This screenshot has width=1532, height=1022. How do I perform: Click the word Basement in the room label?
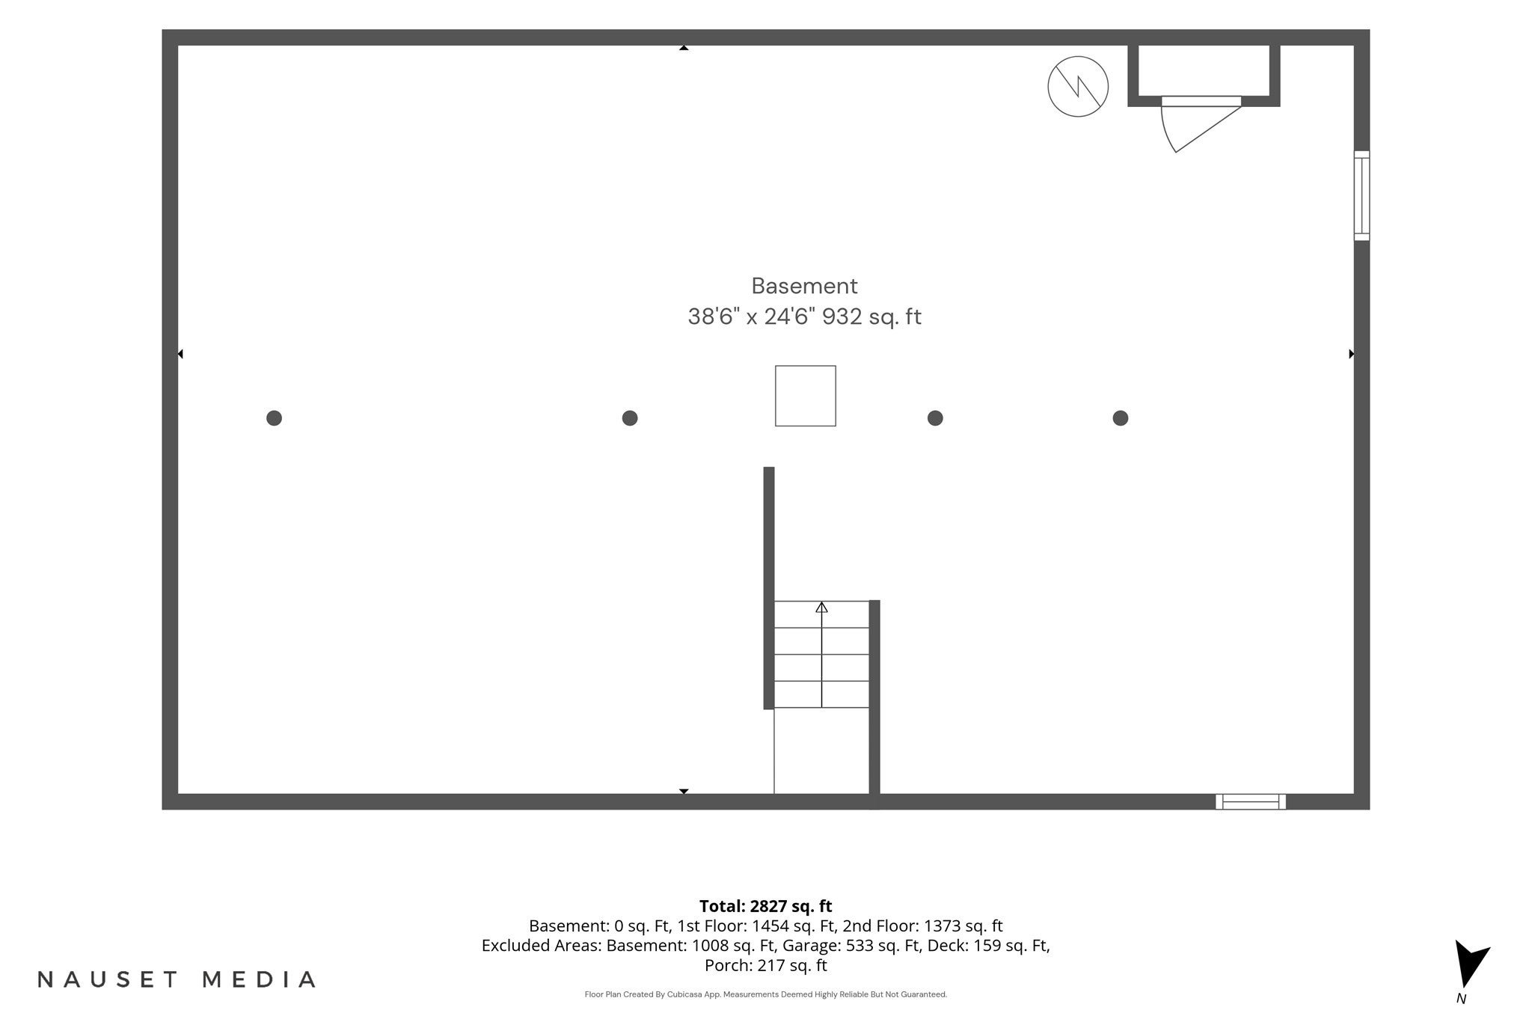(804, 286)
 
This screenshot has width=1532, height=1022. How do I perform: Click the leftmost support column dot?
(274, 418)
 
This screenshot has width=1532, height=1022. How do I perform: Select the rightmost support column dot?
(1120, 418)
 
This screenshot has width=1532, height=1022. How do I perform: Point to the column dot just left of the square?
(630, 418)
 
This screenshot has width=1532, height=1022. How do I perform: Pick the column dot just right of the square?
(935, 418)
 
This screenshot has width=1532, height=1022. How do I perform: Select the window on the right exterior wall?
(1361, 196)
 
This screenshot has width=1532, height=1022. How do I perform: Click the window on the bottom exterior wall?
(1251, 801)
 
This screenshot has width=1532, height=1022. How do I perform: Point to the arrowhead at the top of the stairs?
(821, 607)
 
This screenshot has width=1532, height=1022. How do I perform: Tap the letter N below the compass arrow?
(1461, 999)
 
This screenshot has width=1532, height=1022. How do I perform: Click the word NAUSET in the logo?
(108, 979)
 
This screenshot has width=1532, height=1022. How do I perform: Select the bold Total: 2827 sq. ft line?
(766, 907)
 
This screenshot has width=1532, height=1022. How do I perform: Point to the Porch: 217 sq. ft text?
(766, 966)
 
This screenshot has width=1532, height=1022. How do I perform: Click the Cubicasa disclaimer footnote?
(766, 994)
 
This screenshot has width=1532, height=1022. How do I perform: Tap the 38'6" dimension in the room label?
(714, 317)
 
